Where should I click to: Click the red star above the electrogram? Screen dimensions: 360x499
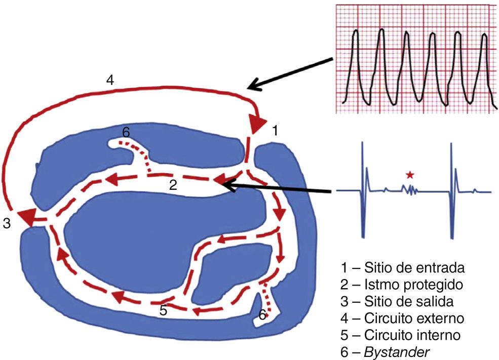click(x=410, y=175)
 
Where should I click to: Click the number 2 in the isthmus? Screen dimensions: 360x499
click(x=173, y=185)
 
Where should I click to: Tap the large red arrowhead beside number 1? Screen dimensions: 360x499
click(x=257, y=124)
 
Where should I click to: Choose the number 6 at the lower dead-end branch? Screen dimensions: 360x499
click(x=262, y=315)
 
